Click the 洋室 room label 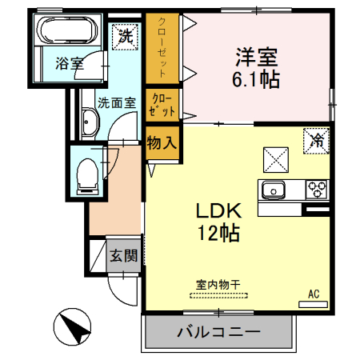[x=256, y=58]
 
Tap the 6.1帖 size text [x=256, y=79]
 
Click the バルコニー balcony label [x=218, y=331]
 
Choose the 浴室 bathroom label [x=70, y=63]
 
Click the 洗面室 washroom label [x=117, y=102]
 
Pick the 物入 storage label [x=162, y=142]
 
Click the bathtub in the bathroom [x=67, y=33]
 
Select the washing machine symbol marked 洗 [x=126, y=35]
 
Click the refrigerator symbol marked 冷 [x=317, y=142]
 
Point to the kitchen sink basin [x=273, y=190]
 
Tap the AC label [x=314, y=295]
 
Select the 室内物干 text [x=218, y=283]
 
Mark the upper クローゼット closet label [x=162, y=48]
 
